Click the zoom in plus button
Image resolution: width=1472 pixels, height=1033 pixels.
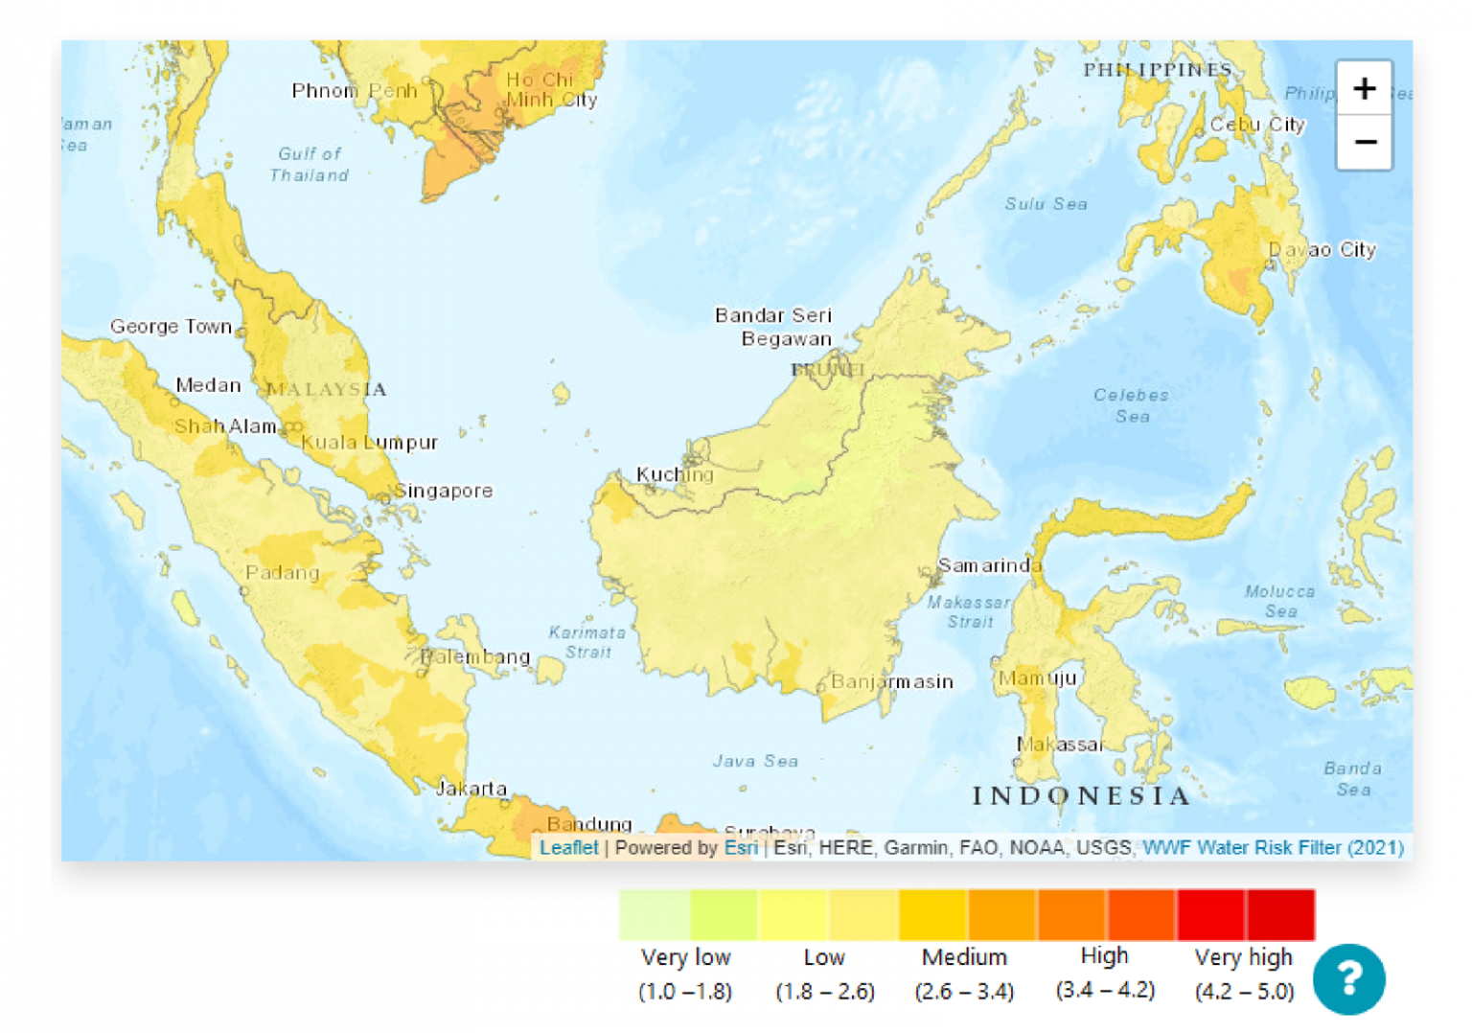tap(1364, 89)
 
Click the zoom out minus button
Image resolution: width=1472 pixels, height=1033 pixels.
tap(1364, 143)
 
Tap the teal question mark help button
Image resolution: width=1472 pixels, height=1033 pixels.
tap(1348, 978)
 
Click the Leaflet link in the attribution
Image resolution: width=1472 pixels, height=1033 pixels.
tap(568, 847)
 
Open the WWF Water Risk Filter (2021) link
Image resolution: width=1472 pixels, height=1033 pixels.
tap(1273, 847)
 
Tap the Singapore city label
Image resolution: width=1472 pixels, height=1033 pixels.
tap(444, 491)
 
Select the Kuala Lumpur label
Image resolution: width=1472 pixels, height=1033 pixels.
tap(369, 443)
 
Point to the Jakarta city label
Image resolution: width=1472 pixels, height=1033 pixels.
tap(471, 789)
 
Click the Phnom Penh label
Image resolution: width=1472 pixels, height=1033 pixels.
tap(355, 91)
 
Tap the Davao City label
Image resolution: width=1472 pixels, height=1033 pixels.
tap(1322, 250)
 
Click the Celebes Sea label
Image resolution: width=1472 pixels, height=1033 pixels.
tap(1132, 405)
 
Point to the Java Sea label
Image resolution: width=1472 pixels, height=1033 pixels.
tap(755, 761)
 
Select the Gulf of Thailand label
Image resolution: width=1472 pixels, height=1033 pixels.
tap(309, 164)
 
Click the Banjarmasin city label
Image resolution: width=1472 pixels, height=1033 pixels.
tap(891, 681)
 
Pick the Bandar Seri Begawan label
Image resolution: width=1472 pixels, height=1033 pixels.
tap(774, 327)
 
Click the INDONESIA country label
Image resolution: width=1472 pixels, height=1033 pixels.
tap(1081, 796)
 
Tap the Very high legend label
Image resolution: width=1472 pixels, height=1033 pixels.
tap(1243, 957)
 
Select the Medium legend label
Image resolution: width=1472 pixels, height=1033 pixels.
tap(964, 957)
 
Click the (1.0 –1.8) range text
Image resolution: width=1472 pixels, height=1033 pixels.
tap(685, 992)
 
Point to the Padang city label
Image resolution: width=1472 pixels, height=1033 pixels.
tap(282, 573)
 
